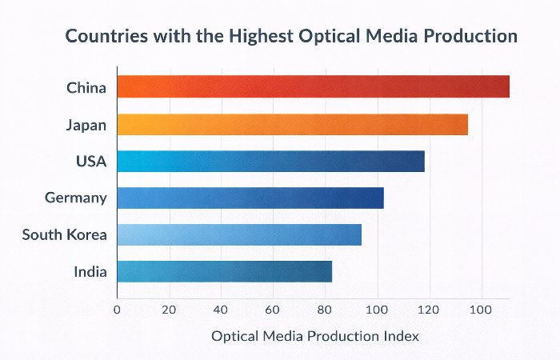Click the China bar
click(313, 86)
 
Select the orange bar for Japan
click(292, 124)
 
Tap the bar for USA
click(270, 161)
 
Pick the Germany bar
click(250, 198)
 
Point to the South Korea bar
click(239, 234)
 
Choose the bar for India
click(224, 271)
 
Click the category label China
click(86, 87)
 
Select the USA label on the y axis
click(91, 161)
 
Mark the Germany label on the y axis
click(76, 198)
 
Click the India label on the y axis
click(90, 271)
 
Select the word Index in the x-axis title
click(401, 336)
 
